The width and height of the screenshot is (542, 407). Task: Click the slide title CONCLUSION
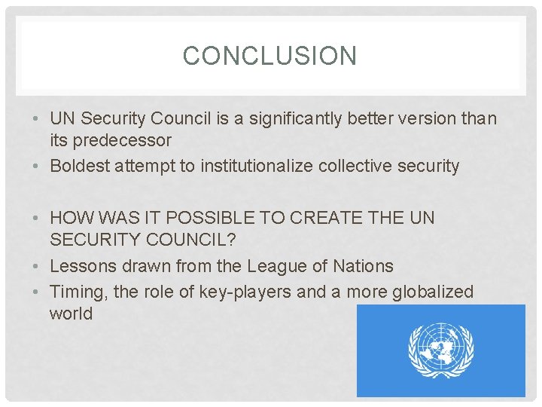(x=269, y=56)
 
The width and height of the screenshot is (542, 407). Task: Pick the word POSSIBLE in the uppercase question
(x=206, y=218)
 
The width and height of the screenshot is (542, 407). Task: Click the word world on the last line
(x=71, y=314)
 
